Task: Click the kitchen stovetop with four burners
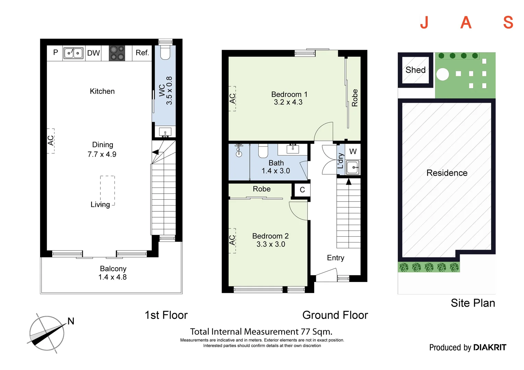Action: [x=117, y=53]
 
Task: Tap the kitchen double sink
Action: [x=74, y=53]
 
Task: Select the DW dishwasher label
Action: [x=93, y=53]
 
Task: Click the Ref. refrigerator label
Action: [x=142, y=53]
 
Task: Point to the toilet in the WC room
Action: [x=165, y=53]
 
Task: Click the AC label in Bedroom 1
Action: [x=233, y=99]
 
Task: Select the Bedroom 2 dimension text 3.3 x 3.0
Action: [x=271, y=244]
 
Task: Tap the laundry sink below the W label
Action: [x=353, y=168]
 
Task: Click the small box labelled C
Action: [x=302, y=190]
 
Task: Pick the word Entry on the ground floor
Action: [x=335, y=258]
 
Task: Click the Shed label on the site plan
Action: [x=415, y=70]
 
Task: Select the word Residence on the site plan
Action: [x=447, y=173]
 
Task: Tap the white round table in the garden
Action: [x=443, y=74]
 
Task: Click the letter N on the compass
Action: [x=71, y=321]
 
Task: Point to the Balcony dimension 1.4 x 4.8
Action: [x=112, y=277]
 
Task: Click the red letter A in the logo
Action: [x=466, y=23]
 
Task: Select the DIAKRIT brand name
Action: [x=489, y=347]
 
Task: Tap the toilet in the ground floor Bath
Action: [x=263, y=151]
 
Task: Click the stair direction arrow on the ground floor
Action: [x=349, y=182]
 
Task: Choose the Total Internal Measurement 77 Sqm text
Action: [x=261, y=332]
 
